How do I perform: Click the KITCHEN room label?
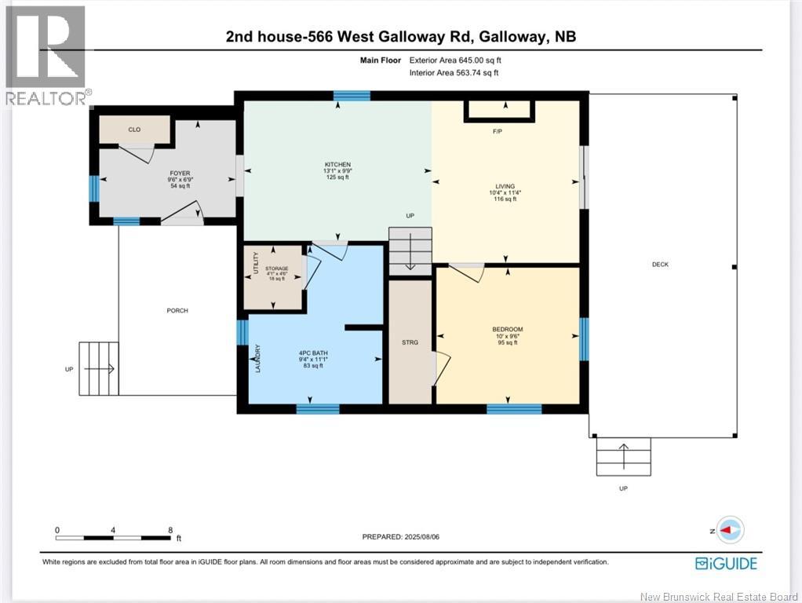pyautogui.click(x=337, y=165)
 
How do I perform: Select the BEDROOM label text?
pyautogui.click(x=507, y=329)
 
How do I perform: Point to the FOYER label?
pyautogui.click(x=180, y=174)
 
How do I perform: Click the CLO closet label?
pyautogui.click(x=135, y=130)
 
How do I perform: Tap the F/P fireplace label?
pyautogui.click(x=498, y=131)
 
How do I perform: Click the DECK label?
pyautogui.click(x=660, y=265)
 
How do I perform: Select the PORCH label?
pyautogui.click(x=177, y=310)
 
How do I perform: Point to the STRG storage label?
pyautogui.click(x=410, y=342)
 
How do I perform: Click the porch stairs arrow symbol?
pyautogui.click(x=99, y=368)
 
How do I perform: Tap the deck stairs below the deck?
pyautogui.click(x=624, y=456)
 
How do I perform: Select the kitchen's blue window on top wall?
pyautogui.click(x=352, y=96)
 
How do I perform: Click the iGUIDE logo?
pyautogui.click(x=726, y=563)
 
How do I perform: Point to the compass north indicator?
pyautogui.click(x=730, y=531)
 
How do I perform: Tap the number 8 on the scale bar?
pyautogui.click(x=170, y=530)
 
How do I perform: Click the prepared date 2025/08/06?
pyautogui.click(x=428, y=537)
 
